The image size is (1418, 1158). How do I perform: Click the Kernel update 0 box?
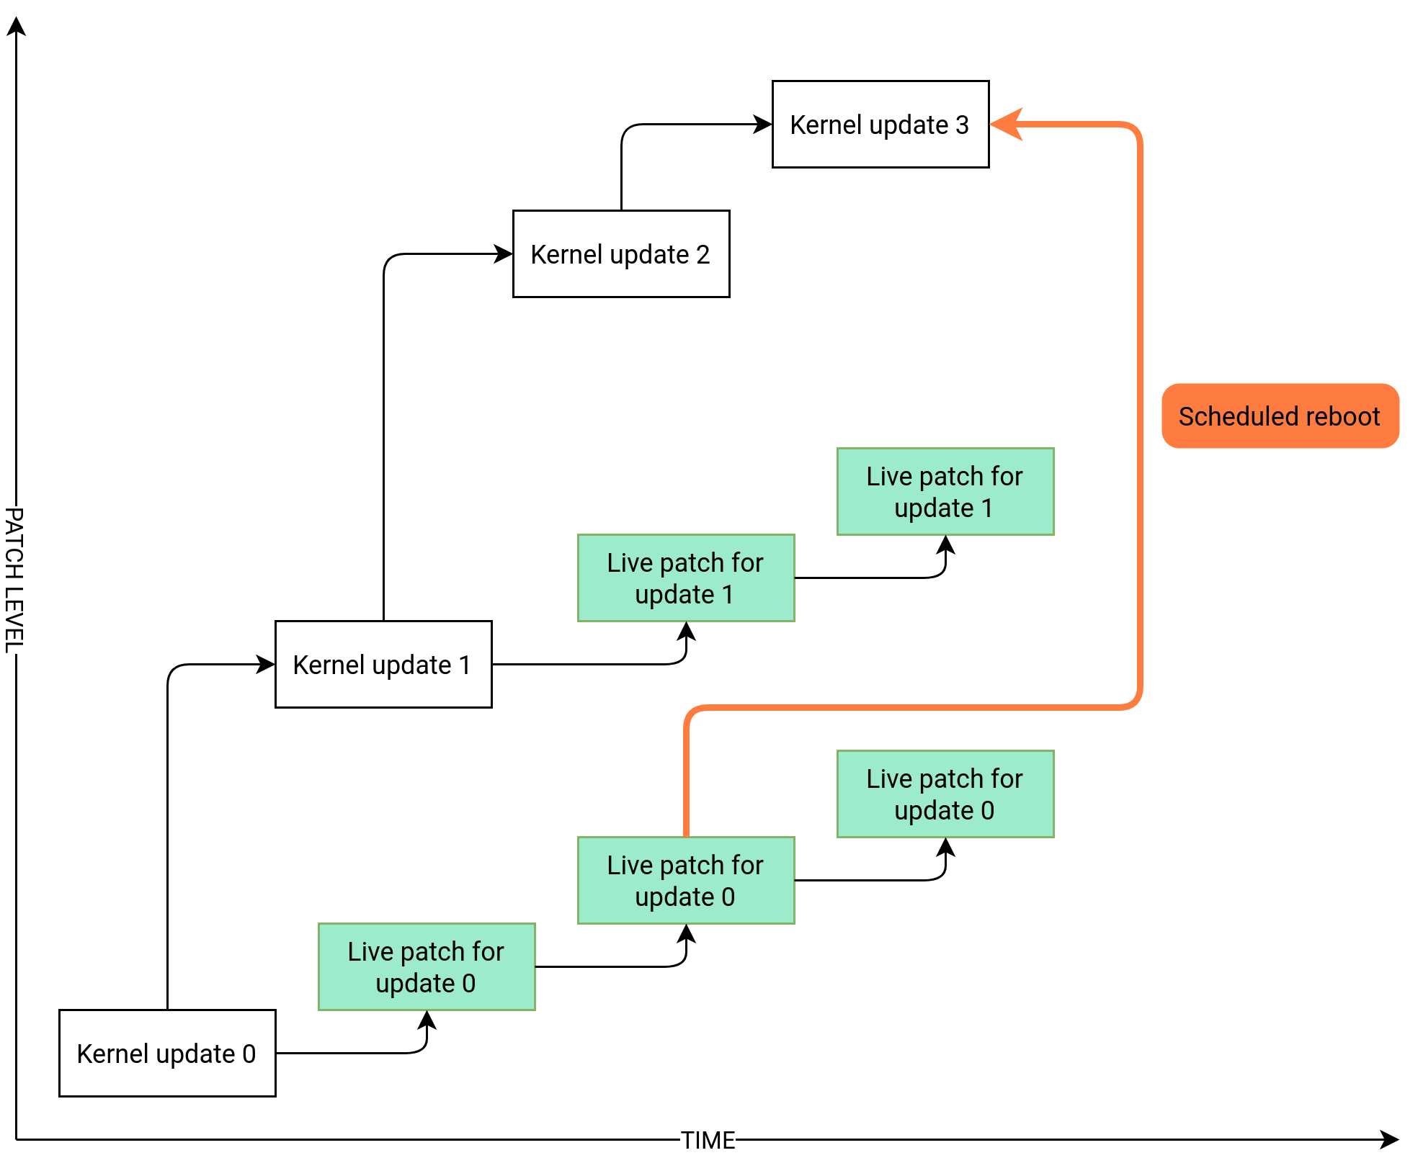pos(167,1053)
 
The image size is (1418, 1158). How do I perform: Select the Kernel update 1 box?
pos(383,664)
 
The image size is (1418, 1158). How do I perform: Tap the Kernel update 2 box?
pos(621,253)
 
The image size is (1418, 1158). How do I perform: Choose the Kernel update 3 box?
pos(880,124)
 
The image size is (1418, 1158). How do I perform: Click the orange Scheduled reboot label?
pos(1280,416)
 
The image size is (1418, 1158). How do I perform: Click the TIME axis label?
pos(708,1140)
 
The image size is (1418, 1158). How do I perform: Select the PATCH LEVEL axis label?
pos(15,580)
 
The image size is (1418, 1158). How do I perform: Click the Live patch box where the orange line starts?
pos(686,880)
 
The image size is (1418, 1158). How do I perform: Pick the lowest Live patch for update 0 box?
pos(427,966)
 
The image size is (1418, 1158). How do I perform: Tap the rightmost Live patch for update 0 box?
pos(945,794)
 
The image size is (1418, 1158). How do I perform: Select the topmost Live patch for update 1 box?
pos(945,491)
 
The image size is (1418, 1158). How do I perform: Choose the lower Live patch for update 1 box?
pos(686,578)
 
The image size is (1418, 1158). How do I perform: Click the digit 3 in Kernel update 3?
pos(962,125)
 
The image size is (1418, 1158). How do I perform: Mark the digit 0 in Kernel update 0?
pos(249,1054)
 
